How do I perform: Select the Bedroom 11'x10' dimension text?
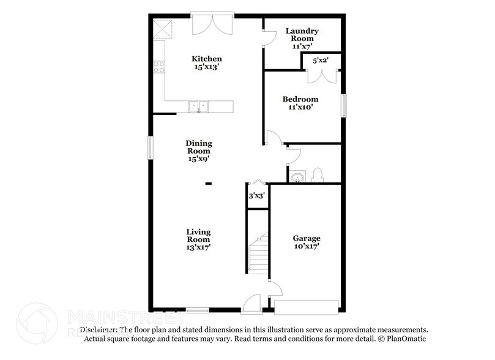300,107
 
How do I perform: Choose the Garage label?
307,238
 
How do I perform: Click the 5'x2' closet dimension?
320,61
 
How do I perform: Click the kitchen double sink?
199,107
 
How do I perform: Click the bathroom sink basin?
297,178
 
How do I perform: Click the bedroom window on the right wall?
343,105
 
